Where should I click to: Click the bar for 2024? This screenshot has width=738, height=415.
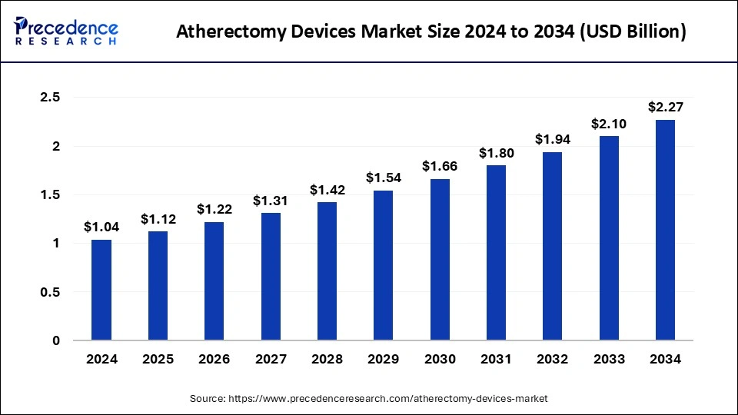click(x=101, y=290)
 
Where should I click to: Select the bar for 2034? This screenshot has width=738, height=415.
click(x=665, y=230)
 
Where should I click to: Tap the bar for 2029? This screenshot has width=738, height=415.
click(x=383, y=265)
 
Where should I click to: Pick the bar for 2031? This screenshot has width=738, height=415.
click(x=496, y=253)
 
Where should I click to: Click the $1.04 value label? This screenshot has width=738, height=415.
click(x=101, y=227)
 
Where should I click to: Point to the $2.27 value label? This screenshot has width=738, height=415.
click(x=665, y=107)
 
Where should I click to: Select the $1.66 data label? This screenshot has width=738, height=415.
click(x=440, y=166)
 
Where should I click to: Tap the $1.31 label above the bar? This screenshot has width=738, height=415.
click(x=271, y=201)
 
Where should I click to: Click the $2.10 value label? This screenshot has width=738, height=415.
click(x=609, y=124)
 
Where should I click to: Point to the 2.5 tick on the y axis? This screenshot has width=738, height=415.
click(x=50, y=98)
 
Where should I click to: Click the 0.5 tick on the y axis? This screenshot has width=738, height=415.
click(x=50, y=292)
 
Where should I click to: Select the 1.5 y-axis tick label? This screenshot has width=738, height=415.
click(x=50, y=195)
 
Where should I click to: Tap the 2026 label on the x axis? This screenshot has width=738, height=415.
click(x=214, y=358)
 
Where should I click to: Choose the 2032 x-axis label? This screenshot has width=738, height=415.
click(x=552, y=358)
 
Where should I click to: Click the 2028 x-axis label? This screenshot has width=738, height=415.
click(x=327, y=358)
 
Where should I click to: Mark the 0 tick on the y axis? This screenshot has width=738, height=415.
click(x=56, y=340)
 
